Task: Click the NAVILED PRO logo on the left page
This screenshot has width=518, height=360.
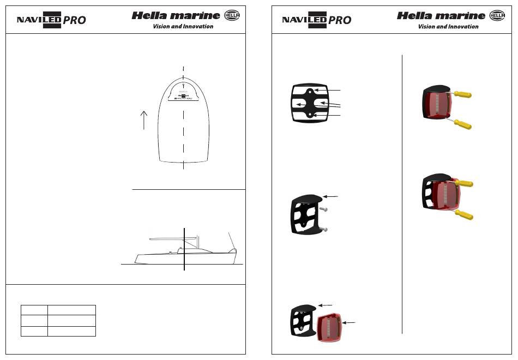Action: click(51, 20)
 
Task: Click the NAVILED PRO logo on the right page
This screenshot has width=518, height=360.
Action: click(316, 20)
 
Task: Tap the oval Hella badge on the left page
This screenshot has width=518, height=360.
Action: click(232, 16)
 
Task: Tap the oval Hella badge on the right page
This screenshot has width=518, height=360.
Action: click(497, 16)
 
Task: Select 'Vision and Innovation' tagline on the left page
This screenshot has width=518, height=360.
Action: click(183, 26)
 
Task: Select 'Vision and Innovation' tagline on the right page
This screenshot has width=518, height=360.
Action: click(448, 26)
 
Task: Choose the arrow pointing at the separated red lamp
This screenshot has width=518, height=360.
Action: click(349, 323)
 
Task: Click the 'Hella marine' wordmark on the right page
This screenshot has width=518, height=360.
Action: click(441, 16)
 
